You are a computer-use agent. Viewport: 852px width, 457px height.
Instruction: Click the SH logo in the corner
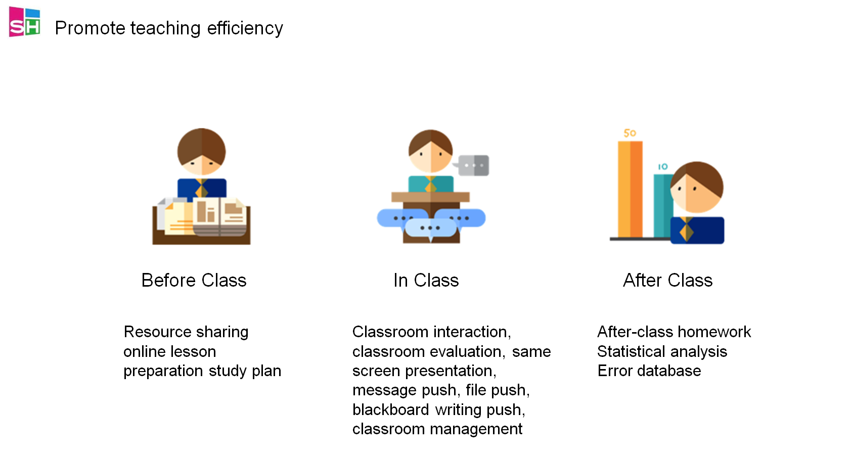(25, 22)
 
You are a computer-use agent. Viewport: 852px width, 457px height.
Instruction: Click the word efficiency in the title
(245, 28)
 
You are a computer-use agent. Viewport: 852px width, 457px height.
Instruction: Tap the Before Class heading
(194, 281)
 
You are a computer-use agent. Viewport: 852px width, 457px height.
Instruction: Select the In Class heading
(426, 281)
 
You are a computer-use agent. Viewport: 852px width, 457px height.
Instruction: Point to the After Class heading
(667, 281)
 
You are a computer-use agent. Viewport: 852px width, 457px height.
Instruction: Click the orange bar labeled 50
(630, 190)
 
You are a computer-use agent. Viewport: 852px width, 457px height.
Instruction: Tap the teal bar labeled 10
(662, 206)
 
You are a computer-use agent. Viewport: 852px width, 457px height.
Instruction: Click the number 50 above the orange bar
(630, 133)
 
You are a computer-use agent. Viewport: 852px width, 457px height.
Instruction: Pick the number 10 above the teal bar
(662, 166)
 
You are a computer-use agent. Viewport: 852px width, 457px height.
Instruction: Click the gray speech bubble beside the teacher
(472, 165)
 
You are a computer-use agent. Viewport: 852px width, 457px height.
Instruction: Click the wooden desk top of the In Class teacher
(431, 197)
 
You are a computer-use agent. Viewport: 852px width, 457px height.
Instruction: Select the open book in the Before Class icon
(219, 217)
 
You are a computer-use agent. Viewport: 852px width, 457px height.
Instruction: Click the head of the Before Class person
(201, 152)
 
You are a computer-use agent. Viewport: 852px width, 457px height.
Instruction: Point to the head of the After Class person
(696, 187)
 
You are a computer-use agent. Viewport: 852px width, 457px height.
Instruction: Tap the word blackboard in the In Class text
(391, 410)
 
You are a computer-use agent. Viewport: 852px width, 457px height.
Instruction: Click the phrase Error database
(649, 371)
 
